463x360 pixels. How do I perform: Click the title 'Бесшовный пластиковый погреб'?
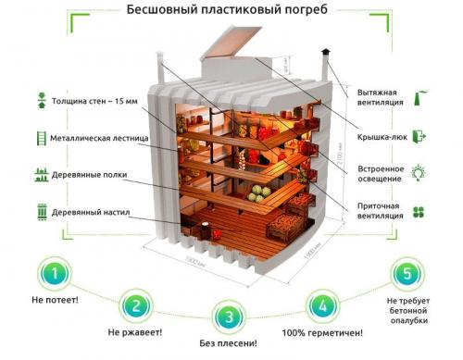click(x=231, y=10)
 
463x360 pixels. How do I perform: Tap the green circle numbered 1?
click(x=57, y=274)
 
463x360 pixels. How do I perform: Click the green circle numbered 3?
click(x=229, y=317)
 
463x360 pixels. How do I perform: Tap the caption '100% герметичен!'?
click(x=321, y=332)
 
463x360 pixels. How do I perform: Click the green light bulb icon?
click(x=418, y=172)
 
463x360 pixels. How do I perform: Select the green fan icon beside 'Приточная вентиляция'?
click(x=418, y=211)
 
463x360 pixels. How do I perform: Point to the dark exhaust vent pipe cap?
click(x=325, y=53)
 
